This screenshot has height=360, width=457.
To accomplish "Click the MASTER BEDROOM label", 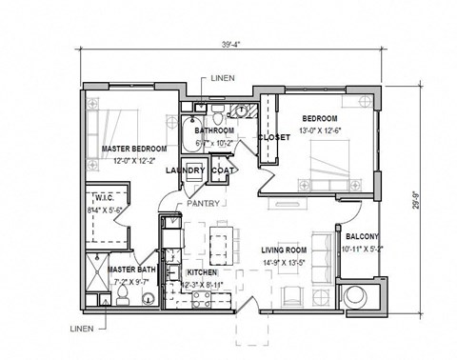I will pyautogui.click(x=134, y=150).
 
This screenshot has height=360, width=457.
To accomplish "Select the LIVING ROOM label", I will pyautogui.click(x=286, y=250).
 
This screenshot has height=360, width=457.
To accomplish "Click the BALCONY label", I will pyautogui.click(x=362, y=236).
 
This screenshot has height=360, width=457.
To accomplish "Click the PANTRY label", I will pyautogui.click(x=205, y=204).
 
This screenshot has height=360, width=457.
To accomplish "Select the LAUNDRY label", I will pyautogui.click(x=185, y=170).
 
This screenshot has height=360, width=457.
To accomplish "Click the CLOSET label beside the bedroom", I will pyautogui.click(x=273, y=137).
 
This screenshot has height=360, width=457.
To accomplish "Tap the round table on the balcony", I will pyautogui.click(x=362, y=295).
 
